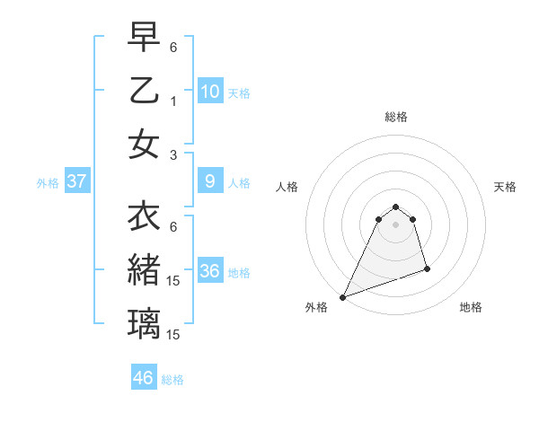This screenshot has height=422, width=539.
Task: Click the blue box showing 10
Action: click(x=210, y=92)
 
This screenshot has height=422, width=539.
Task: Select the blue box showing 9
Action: click(x=210, y=181)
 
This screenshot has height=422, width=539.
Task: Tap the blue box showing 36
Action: click(x=210, y=271)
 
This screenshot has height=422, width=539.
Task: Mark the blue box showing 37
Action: click(x=77, y=181)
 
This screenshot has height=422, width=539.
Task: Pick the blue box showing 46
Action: click(x=144, y=378)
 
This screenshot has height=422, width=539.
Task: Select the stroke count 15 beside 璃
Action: click(x=174, y=335)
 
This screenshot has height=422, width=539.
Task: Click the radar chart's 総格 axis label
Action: click(x=395, y=117)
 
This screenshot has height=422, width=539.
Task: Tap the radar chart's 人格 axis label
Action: click(x=287, y=187)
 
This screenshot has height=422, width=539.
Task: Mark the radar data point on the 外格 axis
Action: click(x=342, y=297)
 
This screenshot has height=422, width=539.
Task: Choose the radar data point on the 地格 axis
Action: click(x=427, y=268)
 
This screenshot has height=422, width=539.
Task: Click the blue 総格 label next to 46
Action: click(x=172, y=380)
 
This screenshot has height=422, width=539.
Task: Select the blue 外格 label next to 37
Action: click(x=48, y=183)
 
